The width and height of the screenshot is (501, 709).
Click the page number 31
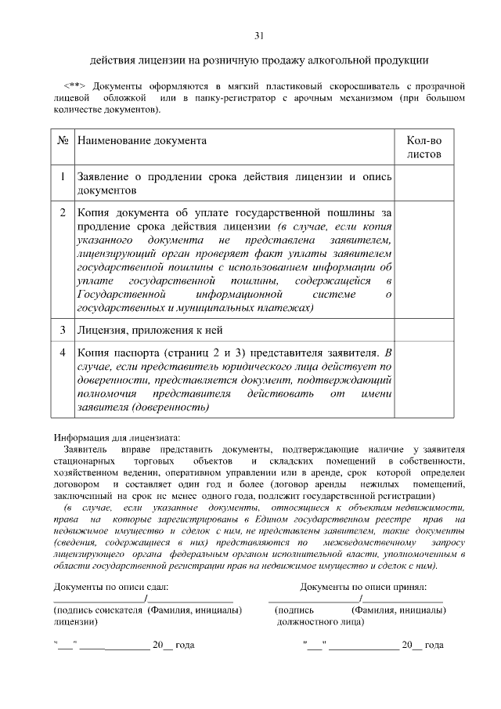point(259,35)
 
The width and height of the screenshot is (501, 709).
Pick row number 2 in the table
point(63,212)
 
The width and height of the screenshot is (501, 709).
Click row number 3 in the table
point(63,328)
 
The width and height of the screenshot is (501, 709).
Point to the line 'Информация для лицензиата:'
point(117,437)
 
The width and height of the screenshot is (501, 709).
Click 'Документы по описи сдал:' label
point(110,586)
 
